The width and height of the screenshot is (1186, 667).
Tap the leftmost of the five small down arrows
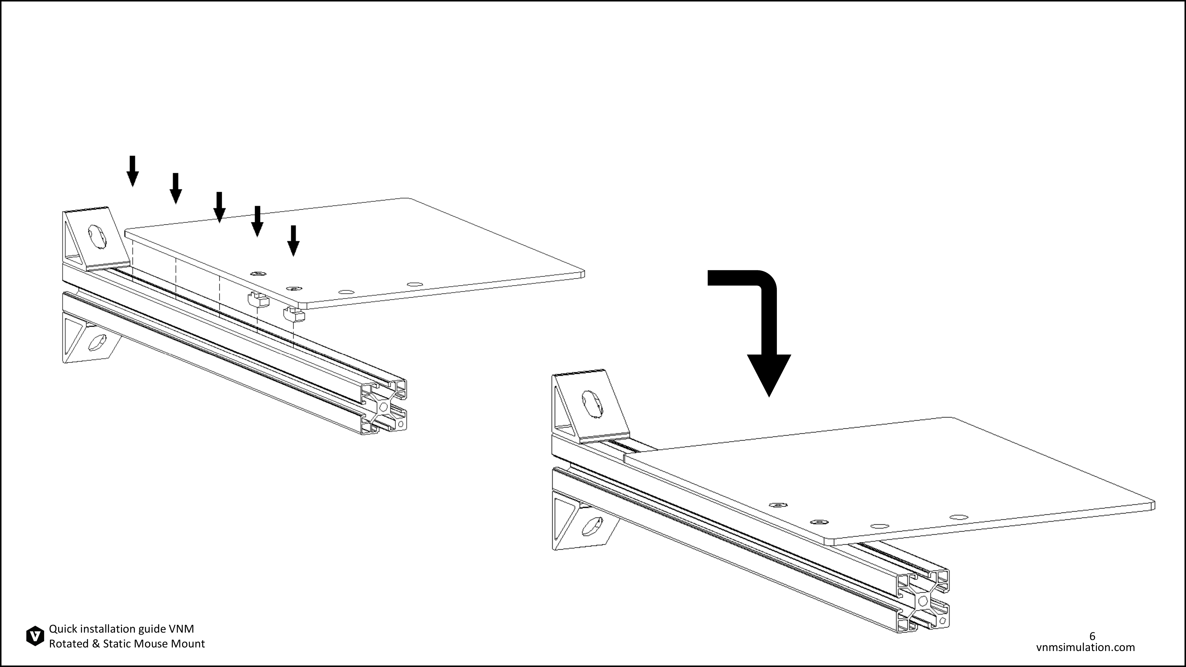[x=133, y=171]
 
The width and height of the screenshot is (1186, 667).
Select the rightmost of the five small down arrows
[x=293, y=241]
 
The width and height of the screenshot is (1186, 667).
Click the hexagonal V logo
[x=35, y=636]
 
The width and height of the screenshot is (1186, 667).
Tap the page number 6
[x=1092, y=636]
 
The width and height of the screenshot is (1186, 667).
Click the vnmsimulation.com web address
[x=1085, y=647]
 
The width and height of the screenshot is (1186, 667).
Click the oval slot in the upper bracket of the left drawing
[x=98, y=237]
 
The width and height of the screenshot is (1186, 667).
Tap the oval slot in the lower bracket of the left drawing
[x=98, y=342]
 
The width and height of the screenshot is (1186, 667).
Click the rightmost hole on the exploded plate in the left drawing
[x=413, y=284]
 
